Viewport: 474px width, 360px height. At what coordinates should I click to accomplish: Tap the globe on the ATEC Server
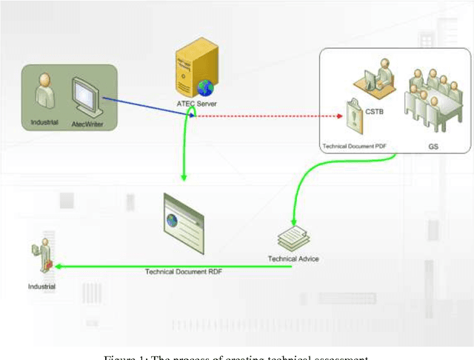coord(204,88)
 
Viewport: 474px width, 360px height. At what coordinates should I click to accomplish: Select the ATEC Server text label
coord(196,104)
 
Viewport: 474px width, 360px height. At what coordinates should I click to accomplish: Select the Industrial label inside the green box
coord(44,121)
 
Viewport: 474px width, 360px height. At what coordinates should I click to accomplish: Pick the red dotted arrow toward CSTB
coord(267,116)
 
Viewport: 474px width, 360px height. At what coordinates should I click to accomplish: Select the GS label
coord(433,146)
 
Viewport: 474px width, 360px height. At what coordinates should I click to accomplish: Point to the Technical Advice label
coord(293,259)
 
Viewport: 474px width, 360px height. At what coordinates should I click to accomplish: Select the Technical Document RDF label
coord(184,272)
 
